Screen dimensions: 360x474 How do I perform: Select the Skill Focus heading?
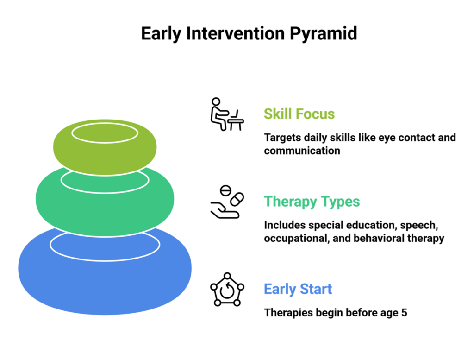tap(299, 114)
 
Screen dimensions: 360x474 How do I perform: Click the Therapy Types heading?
tap(312, 202)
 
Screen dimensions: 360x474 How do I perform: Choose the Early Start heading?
tap(298, 289)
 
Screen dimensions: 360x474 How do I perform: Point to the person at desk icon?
tap(226, 114)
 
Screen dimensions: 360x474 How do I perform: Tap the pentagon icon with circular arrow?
tap(226, 290)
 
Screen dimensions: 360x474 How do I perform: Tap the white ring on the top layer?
tap(105, 132)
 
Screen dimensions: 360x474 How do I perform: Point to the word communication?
tap(302, 151)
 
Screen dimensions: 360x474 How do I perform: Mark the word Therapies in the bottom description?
tap(287, 312)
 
